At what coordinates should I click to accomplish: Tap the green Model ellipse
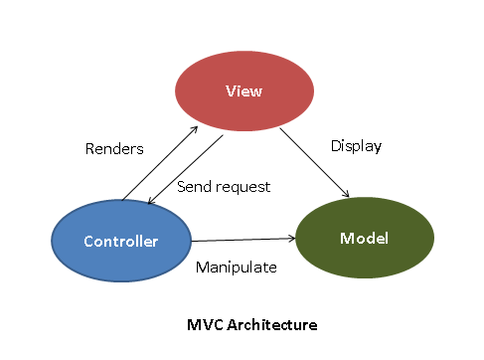(365, 239)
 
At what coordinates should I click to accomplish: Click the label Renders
(114, 149)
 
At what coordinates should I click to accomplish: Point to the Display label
(356, 146)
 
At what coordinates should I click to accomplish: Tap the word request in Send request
(243, 186)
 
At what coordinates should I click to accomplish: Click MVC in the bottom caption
(206, 324)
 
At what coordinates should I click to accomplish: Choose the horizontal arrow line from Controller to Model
(243, 240)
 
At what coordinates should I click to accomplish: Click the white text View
(244, 90)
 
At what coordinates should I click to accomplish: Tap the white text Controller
(120, 242)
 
